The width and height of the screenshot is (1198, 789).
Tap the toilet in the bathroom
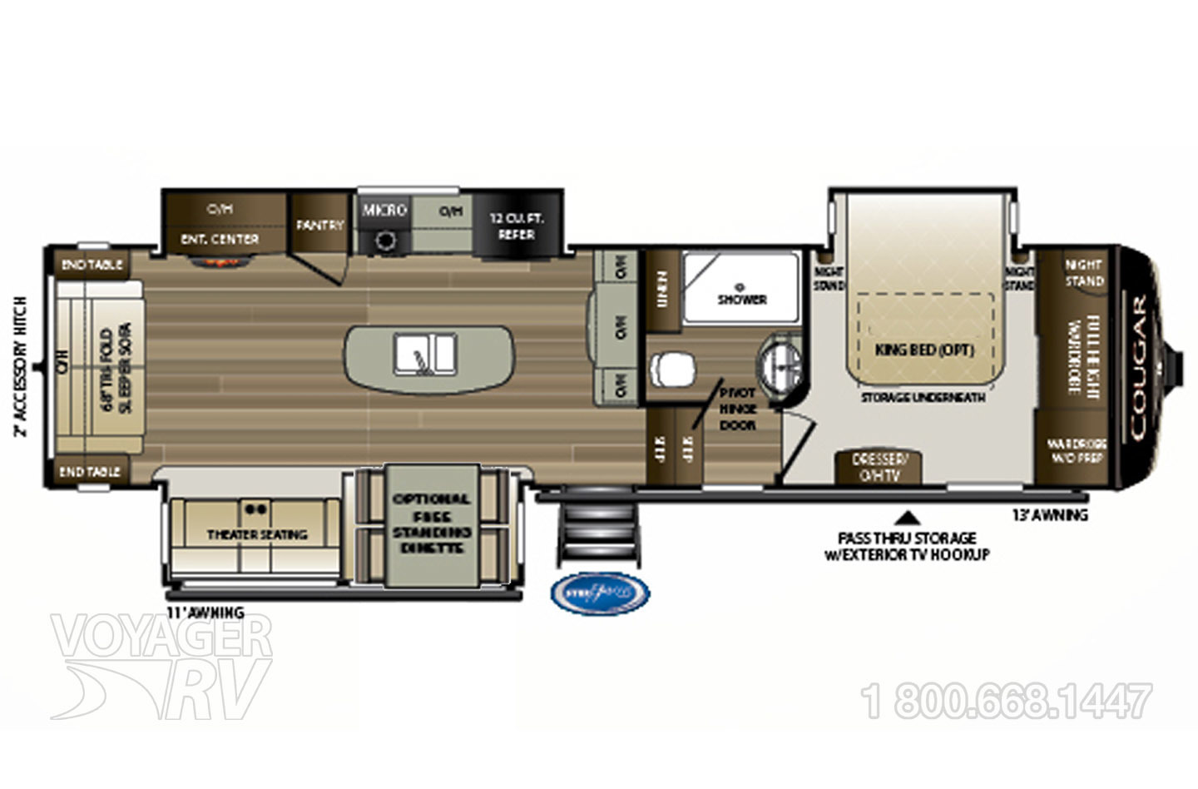[x=675, y=370]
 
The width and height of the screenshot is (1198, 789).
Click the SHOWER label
[x=741, y=299]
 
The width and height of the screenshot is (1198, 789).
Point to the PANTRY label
[x=319, y=225]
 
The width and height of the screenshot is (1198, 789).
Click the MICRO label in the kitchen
[x=384, y=210]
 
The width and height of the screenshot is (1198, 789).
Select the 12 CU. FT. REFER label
[x=516, y=226]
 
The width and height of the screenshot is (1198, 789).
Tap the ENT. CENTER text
[x=220, y=239]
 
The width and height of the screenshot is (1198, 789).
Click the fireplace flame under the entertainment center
[x=219, y=261]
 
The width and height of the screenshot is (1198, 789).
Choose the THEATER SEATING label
[x=257, y=534]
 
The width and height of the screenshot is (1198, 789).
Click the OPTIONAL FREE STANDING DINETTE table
[x=430, y=524]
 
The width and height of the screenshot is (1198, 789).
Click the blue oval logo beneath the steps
[x=599, y=593]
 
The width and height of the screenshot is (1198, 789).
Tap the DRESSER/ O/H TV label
[x=879, y=467]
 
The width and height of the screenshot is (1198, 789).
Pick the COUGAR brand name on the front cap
[x=1136, y=367]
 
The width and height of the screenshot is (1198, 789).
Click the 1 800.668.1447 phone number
[x=1007, y=702]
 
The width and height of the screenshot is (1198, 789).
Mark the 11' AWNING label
[x=205, y=613]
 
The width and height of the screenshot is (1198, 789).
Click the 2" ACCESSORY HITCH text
[x=22, y=366]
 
